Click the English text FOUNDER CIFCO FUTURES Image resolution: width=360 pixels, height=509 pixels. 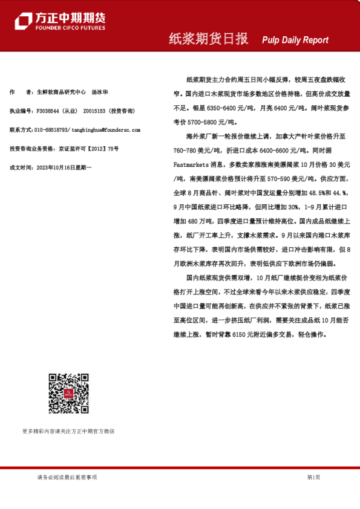(70, 28)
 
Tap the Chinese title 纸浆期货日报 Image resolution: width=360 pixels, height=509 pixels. (208, 39)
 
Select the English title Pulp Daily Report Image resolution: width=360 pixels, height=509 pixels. (295, 40)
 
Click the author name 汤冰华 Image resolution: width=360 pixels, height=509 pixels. (100, 92)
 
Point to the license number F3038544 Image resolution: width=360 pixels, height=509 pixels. (48, 111)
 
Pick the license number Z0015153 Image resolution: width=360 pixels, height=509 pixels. (94, 111)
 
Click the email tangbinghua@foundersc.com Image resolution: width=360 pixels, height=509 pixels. (105, 130)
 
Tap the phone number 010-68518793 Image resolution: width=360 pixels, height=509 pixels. (51, 130)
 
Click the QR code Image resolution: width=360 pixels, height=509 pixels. (68, 394)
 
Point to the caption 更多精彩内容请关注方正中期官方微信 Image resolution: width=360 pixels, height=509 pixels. (68, 431)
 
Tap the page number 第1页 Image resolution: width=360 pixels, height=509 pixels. (313, 477)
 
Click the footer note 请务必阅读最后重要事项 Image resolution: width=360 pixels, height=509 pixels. (67, 477)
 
